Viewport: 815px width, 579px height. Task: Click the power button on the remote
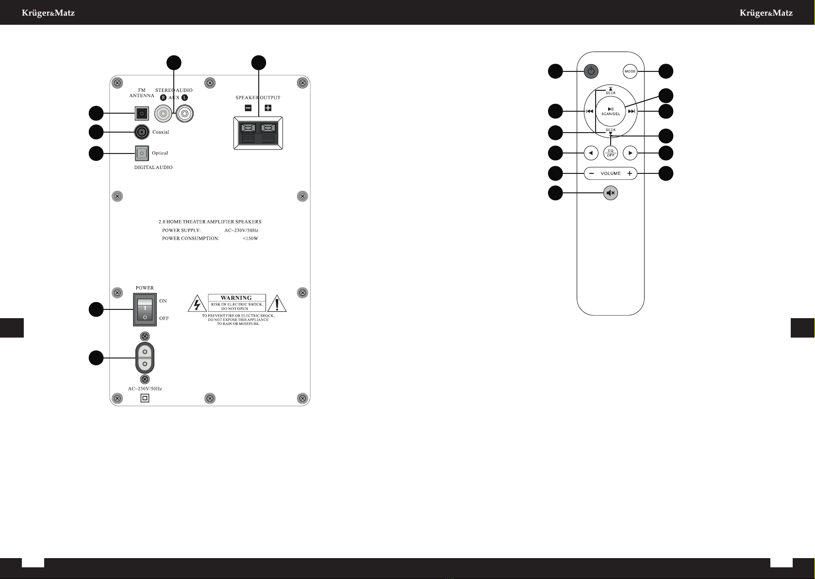[590, 71]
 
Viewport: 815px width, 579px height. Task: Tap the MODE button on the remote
[630, 71]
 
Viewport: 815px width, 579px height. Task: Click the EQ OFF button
[611, 153]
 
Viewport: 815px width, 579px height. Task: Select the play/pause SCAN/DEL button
[611, 111]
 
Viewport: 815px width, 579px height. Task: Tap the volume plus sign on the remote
[630, 173]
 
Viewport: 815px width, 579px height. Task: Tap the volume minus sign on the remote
[591, 173]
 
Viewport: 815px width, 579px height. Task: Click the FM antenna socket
[141, 114]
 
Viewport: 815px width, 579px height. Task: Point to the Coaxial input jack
[141, 132]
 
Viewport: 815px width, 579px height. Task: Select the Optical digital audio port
[141, 153]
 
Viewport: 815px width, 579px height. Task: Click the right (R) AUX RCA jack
[163, 114]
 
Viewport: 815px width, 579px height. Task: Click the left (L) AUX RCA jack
[185, 114]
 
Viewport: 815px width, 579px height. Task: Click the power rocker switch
[145, 309]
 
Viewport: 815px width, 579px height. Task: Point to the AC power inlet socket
[145, 358]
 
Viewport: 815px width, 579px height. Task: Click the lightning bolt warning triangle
[196, 305]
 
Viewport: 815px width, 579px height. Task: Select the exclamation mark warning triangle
[277, 304]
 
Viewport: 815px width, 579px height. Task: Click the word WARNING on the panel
[236, 298]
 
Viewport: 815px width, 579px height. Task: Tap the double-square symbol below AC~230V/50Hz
[145, 398]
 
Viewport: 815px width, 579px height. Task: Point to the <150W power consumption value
[250, 238]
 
